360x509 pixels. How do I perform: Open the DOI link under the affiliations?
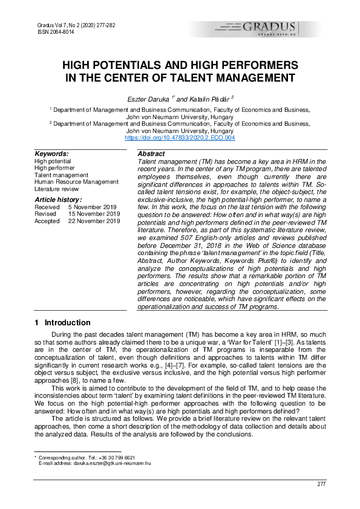(x=180, y=138)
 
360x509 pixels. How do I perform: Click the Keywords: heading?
(x=51, y=154)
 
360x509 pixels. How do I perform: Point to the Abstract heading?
(x=152, y=155)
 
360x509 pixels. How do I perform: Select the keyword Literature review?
(x=59, y=189)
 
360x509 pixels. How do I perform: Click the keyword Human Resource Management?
(x=76, y=181)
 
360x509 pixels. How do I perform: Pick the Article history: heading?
(x=58, y=199)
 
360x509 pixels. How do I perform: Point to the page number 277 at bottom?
(x=322, y=484)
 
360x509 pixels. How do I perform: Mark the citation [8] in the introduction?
(x=73, y=373)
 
